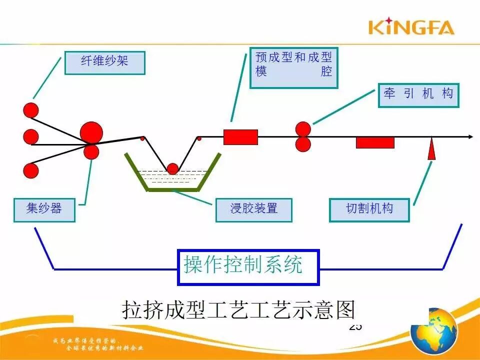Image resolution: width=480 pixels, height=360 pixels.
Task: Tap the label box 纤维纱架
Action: click(104, 63)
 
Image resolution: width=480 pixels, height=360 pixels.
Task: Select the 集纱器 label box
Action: click(44, 209)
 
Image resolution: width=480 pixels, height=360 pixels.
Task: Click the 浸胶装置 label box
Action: click(253, 209)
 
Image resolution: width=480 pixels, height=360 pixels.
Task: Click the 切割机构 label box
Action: click(369, 209)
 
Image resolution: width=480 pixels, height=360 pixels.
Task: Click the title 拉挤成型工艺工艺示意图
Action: click(238, 309)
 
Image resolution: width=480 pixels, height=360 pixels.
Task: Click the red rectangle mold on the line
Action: click(240, 137)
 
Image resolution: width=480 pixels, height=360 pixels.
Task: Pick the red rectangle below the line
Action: click(375, 142)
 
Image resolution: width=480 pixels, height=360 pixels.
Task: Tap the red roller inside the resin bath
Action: click(172, 168)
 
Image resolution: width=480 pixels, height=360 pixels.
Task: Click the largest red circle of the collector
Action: click(91, 133)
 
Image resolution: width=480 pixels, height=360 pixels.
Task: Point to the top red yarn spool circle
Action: click(31, 110)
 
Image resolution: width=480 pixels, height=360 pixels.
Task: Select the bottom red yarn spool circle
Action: click(31, 171)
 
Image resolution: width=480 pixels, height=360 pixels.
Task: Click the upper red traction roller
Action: click(303, 129)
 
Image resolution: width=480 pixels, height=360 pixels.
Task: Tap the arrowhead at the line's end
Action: click(469, 137)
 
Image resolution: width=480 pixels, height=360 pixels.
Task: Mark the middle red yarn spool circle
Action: click(31, 136)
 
